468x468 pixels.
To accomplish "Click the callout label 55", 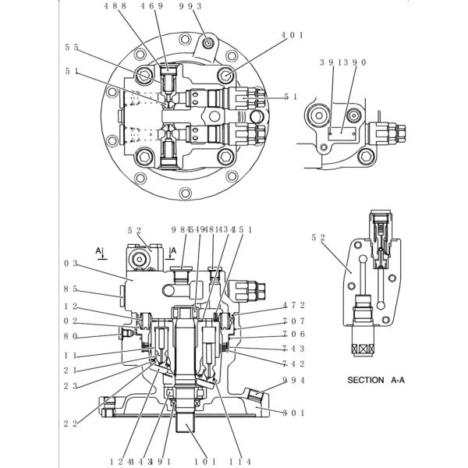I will [x=72, y=48].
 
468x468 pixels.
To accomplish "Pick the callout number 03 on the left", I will [x=71, y=264].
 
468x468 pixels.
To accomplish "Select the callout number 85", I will [x=71, y=288].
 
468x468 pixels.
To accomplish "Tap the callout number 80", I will [x=71, y=337].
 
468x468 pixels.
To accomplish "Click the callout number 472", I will [x=293, y=305].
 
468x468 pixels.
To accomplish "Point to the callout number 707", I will [x=293, y=321].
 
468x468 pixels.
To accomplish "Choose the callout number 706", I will [x=293, y=334].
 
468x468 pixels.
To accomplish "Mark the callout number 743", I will [x=293, y=349].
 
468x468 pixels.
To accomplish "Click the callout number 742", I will [x=293, y=363].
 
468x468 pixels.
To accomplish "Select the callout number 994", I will [x=293, y=380].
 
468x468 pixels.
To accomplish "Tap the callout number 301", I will [x=293, y=413].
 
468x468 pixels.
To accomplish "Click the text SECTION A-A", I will [x=376, y=381].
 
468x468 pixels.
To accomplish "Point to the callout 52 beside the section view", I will [x=317, y=237].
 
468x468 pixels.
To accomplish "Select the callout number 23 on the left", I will [x=71, y=385].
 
